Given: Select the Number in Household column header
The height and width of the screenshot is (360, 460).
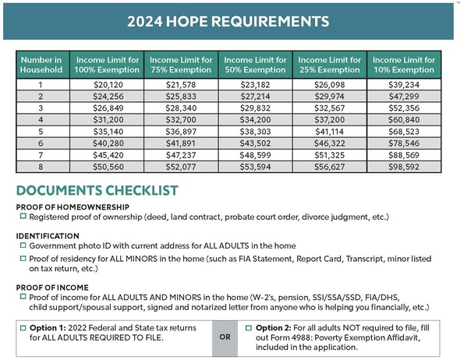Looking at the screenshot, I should tap(41, 65).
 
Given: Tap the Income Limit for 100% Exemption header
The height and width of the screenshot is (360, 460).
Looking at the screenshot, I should tap(105, 65).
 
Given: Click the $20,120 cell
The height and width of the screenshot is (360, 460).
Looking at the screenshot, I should tap(105, 83).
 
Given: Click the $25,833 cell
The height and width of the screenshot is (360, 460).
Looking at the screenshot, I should tap(180, 96).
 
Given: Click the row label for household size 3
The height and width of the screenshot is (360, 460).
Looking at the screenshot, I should tap(41, 108).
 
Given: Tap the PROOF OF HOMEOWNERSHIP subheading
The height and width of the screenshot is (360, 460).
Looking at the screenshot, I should tap(65, 206).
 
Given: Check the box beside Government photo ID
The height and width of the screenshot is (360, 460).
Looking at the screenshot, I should tap(23, 245).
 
